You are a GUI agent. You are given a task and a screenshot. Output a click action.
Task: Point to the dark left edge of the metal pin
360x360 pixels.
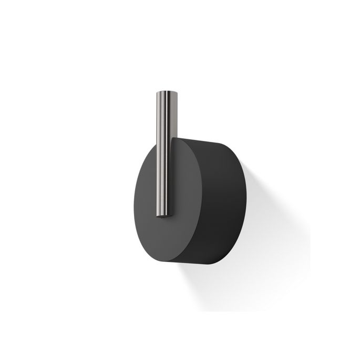coord(156,158)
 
